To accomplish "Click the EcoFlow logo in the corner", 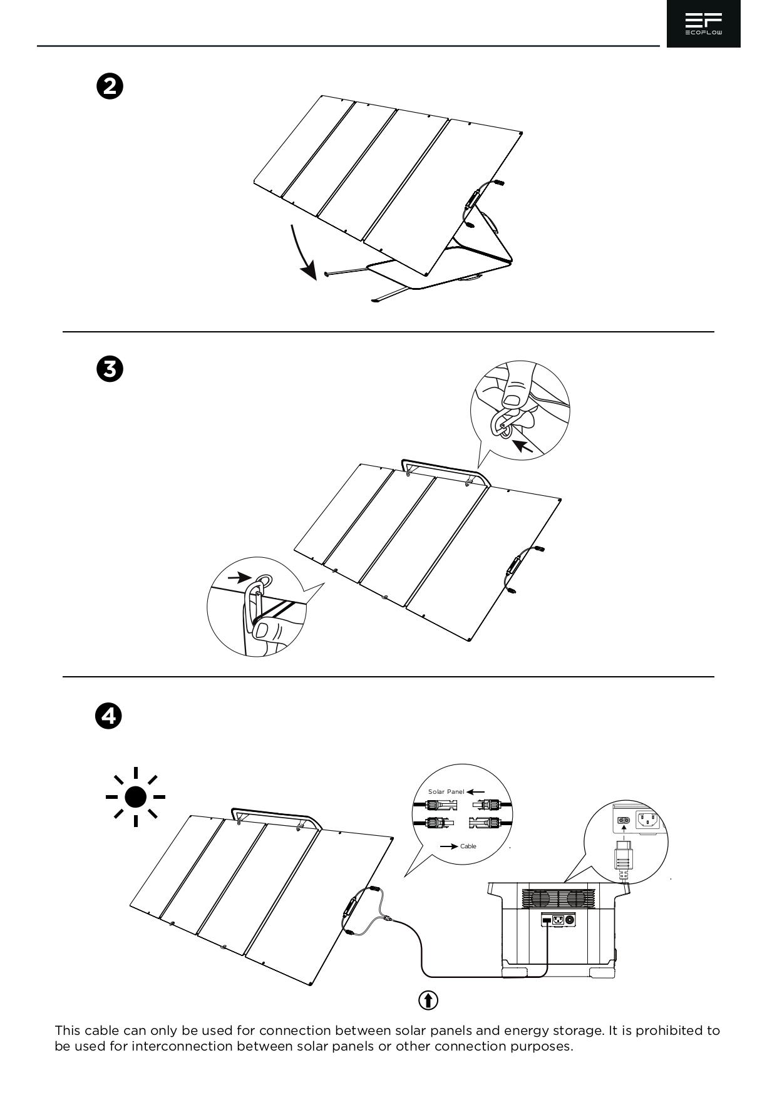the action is pos(703,24).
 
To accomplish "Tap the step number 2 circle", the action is pos(110,86).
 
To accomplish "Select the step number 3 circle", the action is pos(110,369).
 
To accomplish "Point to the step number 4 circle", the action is pos(108,716).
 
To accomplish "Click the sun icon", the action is pos(135,797).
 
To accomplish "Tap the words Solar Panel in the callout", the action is pos(446,792).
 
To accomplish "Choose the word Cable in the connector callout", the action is pos(468,846).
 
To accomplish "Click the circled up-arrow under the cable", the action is pos(428,1000).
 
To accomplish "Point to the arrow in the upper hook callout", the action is pos(523,445).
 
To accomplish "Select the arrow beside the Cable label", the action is pos(448,846).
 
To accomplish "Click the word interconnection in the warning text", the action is pos(182,1046).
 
